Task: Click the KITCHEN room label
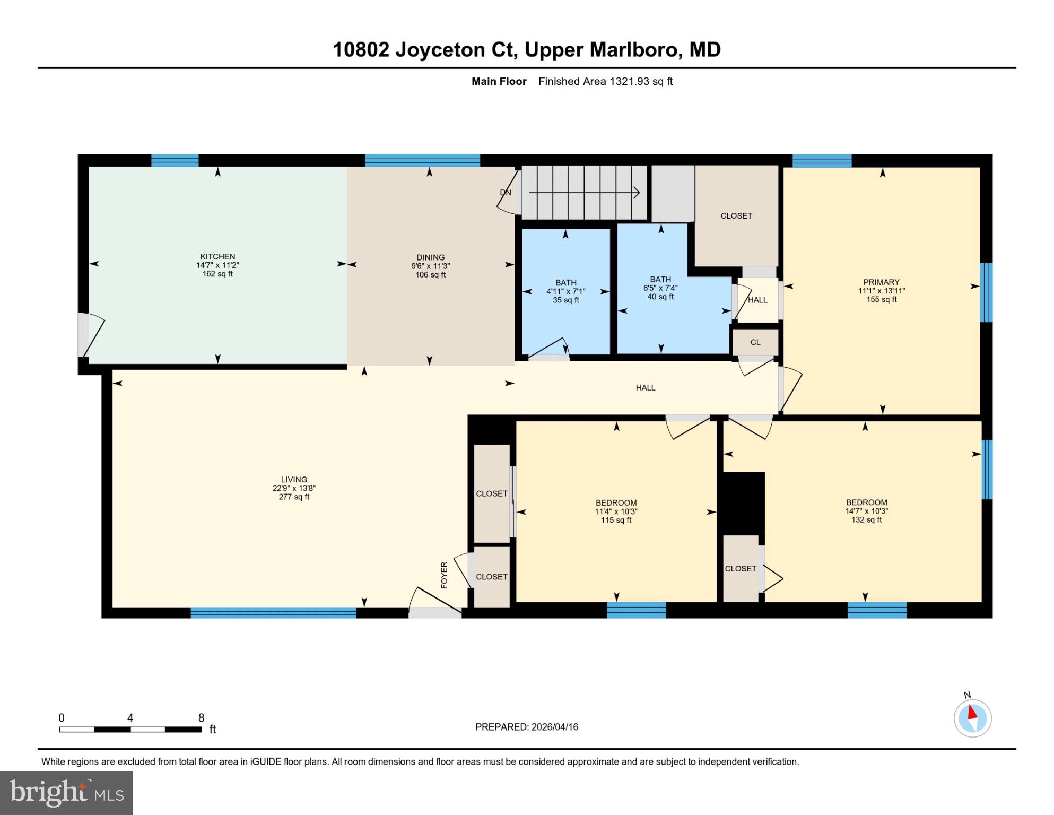(217, 256)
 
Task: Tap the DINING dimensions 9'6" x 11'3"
(430, 266)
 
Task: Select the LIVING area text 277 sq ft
(294, 497)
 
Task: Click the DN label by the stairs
(505, 193)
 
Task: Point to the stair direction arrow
(583, 193)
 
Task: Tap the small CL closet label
(755, 343)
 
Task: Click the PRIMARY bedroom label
(881, 282)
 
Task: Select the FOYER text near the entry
(445, 575)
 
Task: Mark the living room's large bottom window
(273, 613)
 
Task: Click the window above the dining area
(422, 160)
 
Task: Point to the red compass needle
(973, 712)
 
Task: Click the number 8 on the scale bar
(201, 718)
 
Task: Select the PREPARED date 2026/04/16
(553, 727)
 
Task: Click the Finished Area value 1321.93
(630, 81)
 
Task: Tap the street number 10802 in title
(361, 50)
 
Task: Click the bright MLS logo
(66, 793)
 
